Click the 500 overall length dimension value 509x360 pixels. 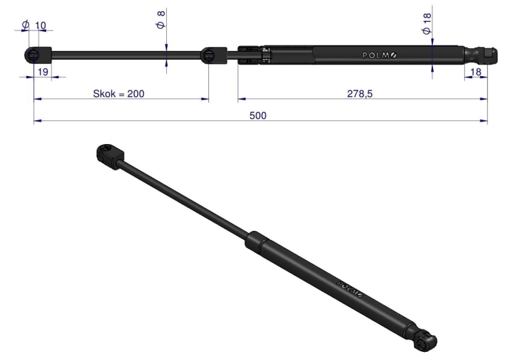pos(258,115)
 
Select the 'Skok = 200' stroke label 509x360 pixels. pos(119,94)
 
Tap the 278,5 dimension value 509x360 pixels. pos(360,94)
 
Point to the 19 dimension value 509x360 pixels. pos(43,72)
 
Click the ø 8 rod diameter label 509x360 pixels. pos(161,20)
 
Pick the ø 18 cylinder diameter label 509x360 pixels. pos(427,24)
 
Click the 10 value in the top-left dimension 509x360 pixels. pos(40,25)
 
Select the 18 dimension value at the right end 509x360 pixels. pos(476,72)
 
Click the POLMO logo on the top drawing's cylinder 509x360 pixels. pos(379,56)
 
